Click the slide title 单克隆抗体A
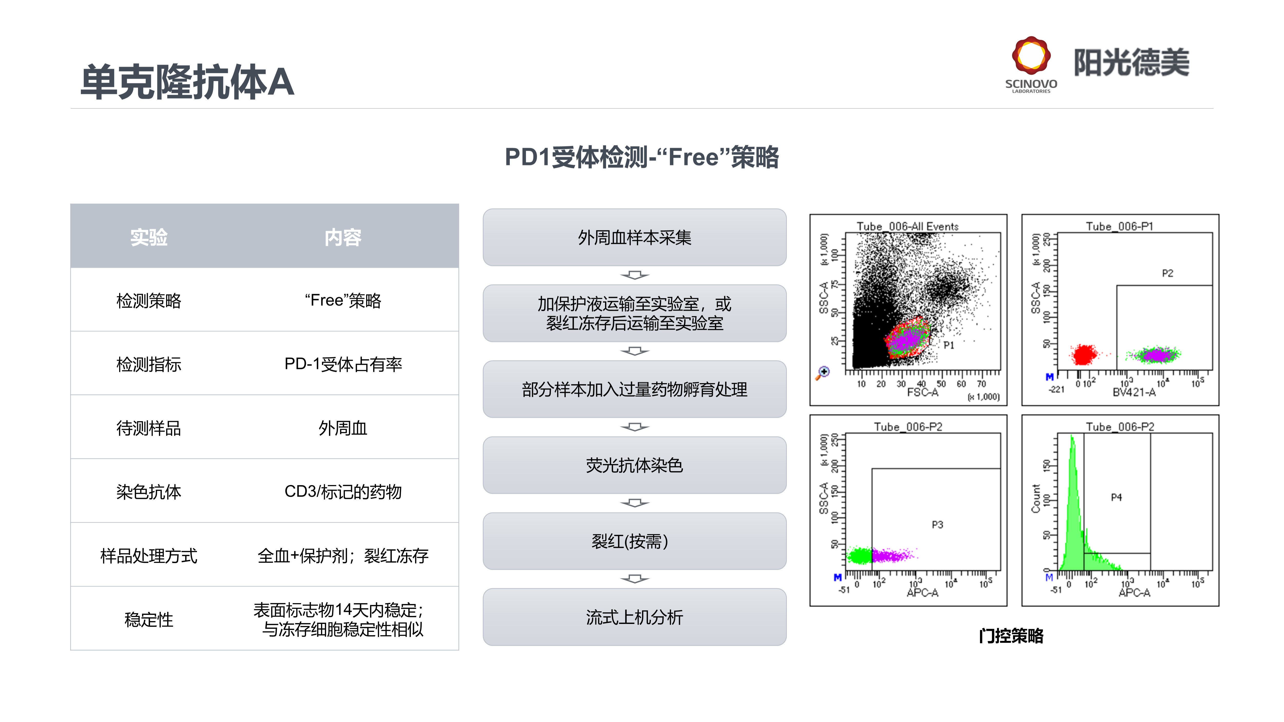pyautogui.click(x=187, y=82)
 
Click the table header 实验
pyautogui.click(x=148, y=237)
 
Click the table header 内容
pyautogui.click(x=343, y=237)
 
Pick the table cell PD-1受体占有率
pyautogui.click(x=343, y=364)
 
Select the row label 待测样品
pyautogui.click(x=148, y=428)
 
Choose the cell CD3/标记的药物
pyautogui.click(x=343, y=492)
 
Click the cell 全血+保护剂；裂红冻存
pyautogui.click(x=343, y=556)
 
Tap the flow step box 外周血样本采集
pyautogui.click(x=635, y=237)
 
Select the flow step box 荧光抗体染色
pyautogui.click(x=635, y=465)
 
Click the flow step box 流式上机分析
pyautogui.click(x=635, y=617)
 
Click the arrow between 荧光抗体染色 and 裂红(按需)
pyautogui.click(x=635, y=503)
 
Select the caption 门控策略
pyautogui.click(x=1011, y=636)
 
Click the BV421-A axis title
pyautogui.click(x=1134, y=392)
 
